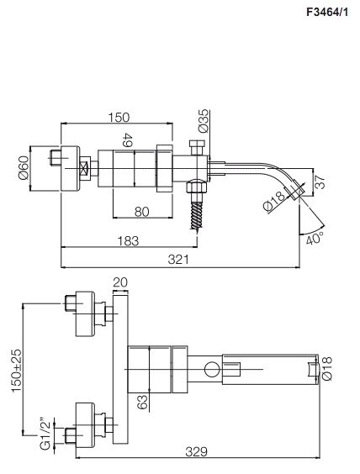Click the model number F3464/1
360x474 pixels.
point(328,12)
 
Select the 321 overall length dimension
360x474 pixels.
point(178,260)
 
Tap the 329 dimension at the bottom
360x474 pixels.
point(196,452)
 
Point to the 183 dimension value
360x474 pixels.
point(128,241)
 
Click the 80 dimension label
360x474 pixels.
point(141,212)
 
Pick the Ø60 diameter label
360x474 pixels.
point(24,167)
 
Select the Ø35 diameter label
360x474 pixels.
point(204,121)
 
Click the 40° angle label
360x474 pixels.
point(315,239)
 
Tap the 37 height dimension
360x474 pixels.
point(320,182)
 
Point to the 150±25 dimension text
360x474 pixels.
point(17,371)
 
